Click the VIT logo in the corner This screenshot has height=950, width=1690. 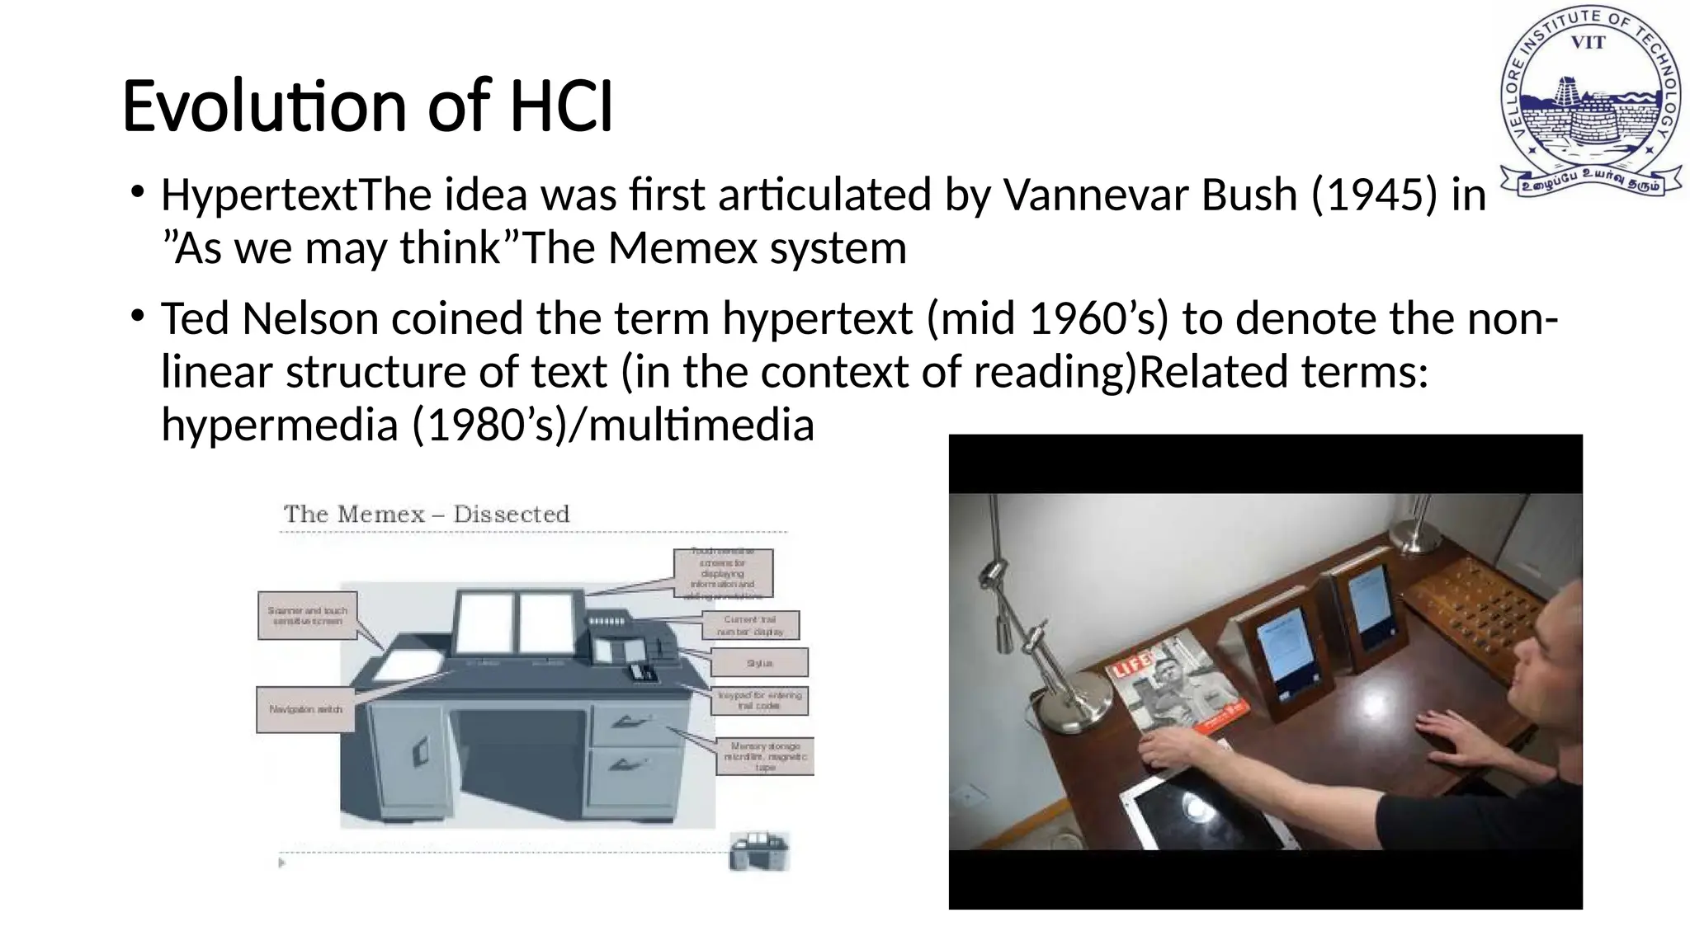point(1588,103)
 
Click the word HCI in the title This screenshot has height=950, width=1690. point(561,107)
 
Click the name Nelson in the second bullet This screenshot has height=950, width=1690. point(309,319)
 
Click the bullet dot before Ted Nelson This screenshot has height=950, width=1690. point(137,316)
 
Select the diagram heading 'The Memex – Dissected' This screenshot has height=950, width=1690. point(427,515)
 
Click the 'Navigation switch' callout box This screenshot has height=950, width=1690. point(305,709)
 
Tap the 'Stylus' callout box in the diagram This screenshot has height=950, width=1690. point(759,663)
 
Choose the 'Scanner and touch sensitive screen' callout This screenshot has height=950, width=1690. point(307,615)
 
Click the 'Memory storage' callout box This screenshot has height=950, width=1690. point(765,756)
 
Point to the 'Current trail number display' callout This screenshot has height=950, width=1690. point(750,625)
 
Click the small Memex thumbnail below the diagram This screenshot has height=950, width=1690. point(759,852)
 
